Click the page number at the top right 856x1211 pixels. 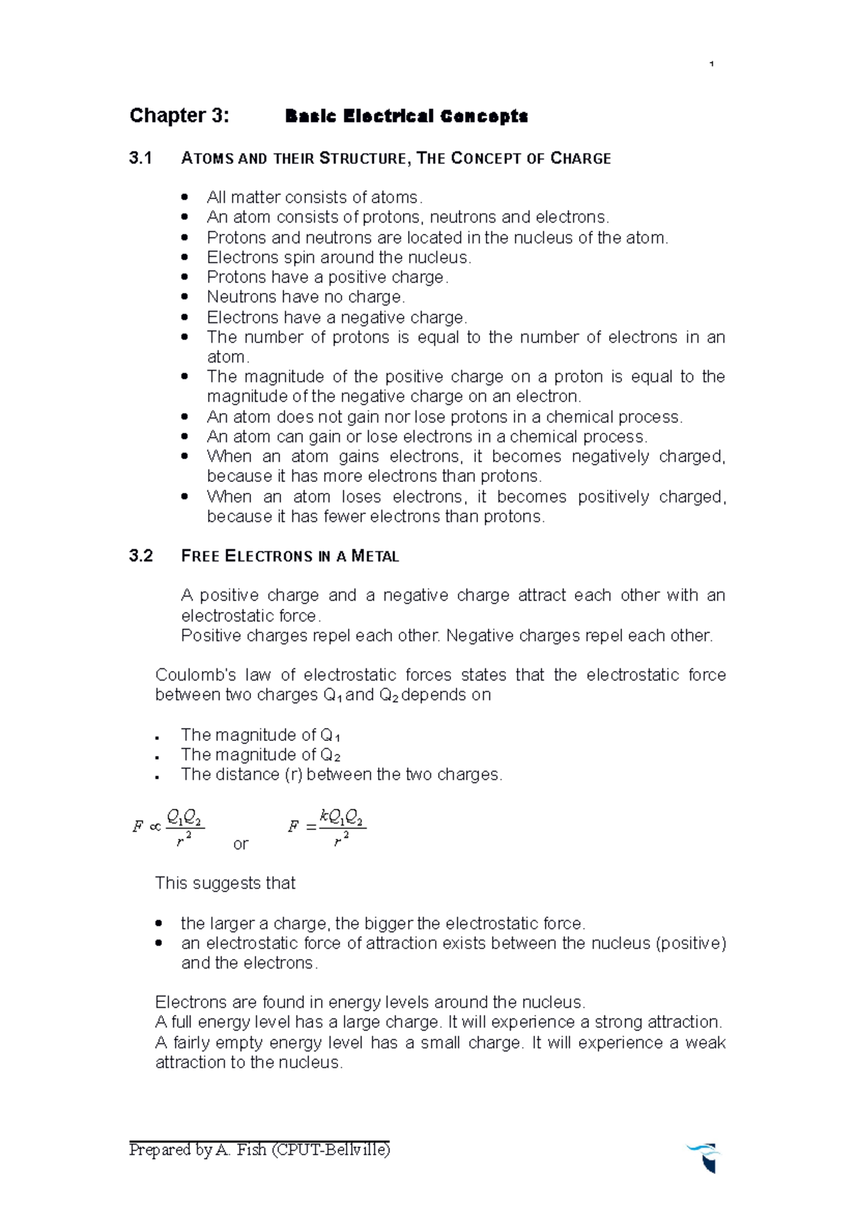711,65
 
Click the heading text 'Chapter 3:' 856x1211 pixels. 179,116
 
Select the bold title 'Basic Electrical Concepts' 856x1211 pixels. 406,116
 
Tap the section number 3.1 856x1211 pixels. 141,158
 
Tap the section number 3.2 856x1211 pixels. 141,556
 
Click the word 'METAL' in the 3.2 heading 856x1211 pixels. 375,556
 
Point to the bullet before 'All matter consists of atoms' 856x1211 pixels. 185,197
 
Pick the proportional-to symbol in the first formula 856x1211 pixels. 155,827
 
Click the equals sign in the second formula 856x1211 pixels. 310,827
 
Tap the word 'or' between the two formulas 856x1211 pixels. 240,844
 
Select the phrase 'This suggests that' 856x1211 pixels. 225,883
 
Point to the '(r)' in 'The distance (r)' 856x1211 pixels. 293,775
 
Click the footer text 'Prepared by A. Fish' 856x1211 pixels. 198,1150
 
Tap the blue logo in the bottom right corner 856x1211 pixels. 705,1157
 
